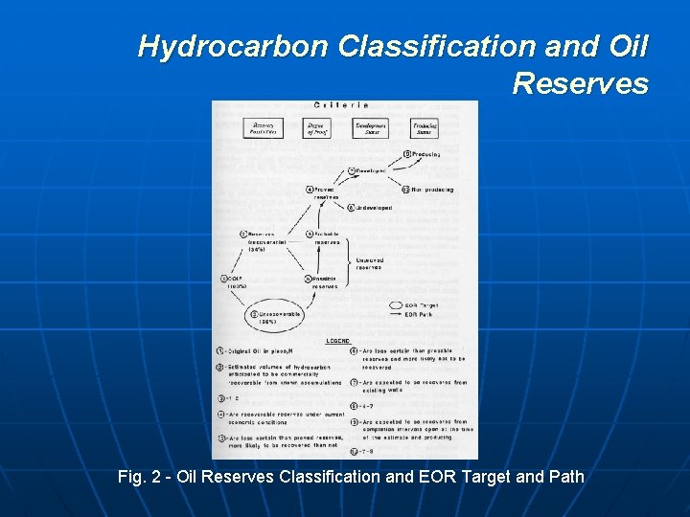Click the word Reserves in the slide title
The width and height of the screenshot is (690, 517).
pos(580,83)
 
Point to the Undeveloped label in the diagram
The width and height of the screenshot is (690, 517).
pos(374,207)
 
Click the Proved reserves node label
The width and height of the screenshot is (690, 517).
pos(326,192)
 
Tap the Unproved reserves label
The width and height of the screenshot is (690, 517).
pos(369,263)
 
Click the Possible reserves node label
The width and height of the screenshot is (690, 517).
pos(325,282)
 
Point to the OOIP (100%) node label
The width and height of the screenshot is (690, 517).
pos(237,283)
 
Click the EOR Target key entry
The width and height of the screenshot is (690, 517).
pos(422,304)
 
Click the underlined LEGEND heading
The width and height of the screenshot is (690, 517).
pos(336,341)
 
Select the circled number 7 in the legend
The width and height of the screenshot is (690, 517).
pos(354,382)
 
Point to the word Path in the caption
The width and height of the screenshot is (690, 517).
pos(563,476)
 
